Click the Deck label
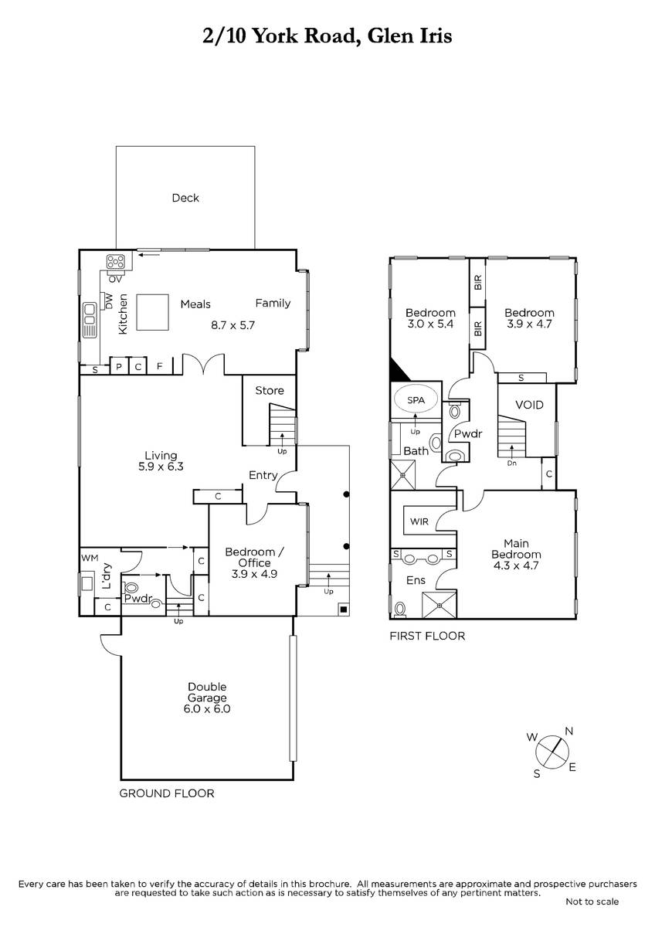click(x=185, y=198)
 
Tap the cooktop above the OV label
click(x=115, y=262)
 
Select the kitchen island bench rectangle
click(x=152, y=312)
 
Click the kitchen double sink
click(x=90, y=320)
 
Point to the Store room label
click(x=270, y=390)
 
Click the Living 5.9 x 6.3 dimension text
click(x=161, y=467)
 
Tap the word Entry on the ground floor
click(x=263, y=475)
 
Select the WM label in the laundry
click(x=90, y=558)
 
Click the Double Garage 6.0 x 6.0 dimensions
click(x=207, y=709)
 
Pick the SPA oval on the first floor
click(x=416, y=400)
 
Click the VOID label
click(x=529, y=405)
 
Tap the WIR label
click(x=419, y=521)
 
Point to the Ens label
click(x=416, y=580)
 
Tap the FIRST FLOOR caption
click(x=427, y=636)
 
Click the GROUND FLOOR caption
click(x=167, y=793)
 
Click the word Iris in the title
click(x=433, y=36)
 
